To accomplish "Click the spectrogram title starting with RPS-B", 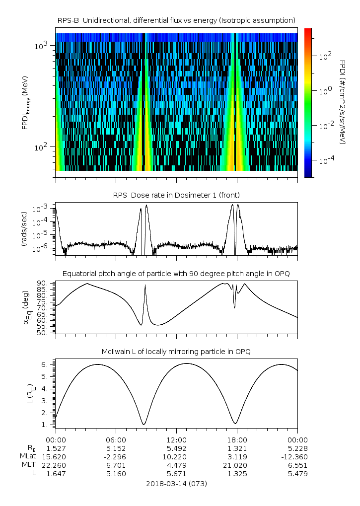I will [x=176, y=20].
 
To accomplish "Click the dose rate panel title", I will [x=176, y=195].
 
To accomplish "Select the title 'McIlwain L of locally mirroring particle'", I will [x=176, y=352].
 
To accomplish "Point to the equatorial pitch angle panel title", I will [x=176, y=274].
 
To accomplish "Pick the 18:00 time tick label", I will [x=237, y=439].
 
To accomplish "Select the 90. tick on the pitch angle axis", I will [x=44, y=284].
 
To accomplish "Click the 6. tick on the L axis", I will [x=46, y=364].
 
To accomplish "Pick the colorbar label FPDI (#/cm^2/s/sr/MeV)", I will [x=342, y=102].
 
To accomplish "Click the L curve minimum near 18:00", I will [x=236, y=423].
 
